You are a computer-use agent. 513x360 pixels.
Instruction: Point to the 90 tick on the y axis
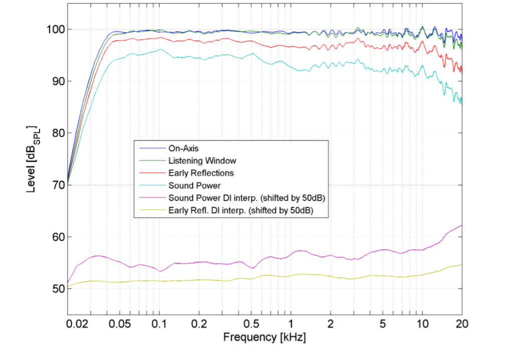[x=53, y=81]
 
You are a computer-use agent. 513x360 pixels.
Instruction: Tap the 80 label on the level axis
[x=53, y=133]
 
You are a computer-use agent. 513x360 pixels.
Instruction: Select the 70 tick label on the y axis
[x=53, y=185]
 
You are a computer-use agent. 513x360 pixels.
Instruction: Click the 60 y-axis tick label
[x=53, y=237]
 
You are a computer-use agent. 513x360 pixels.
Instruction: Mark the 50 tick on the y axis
[x=53, y=289]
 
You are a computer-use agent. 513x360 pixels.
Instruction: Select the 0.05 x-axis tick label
[x=117, y=324]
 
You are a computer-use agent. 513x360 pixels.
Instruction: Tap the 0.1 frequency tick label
[x=159, y=324]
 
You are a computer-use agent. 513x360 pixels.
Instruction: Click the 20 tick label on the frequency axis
[x=461, y=324]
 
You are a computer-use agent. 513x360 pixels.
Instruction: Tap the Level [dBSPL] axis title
[x=33, y=160]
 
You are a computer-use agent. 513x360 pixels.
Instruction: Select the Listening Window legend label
[x=203, y=161]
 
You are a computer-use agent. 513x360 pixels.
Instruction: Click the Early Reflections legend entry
[x=201, y=173]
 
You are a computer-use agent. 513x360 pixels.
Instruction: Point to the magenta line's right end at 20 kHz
[x=461, y=226]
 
